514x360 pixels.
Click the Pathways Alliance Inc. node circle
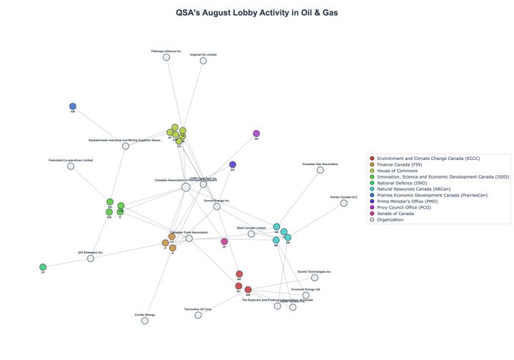(166, 57)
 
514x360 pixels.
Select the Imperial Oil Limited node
(203, 61)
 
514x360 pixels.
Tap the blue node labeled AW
(73, 106)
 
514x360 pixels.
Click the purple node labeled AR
(256, 134)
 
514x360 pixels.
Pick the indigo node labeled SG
(233, 165)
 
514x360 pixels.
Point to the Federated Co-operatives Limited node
(71, 166)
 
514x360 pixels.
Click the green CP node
(43, 267)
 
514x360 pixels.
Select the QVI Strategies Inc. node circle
(91, 258)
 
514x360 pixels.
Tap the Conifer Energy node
(145, 321)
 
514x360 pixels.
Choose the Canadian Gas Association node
(320, 170)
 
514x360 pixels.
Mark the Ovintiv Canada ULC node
(343, 203)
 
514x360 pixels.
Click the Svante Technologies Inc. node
(314, 278)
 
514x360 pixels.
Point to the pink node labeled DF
(224, 241)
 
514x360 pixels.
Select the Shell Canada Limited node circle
(251, 234)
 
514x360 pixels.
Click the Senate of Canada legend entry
(395, 214)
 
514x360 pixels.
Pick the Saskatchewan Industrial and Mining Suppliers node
(126, 146)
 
